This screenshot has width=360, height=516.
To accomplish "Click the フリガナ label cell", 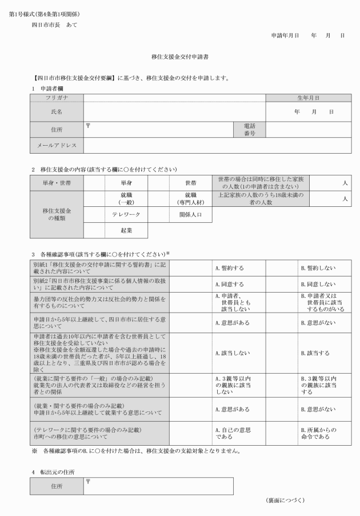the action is (x=57, y=98).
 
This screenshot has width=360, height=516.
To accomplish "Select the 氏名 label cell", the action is (x=57, y=111).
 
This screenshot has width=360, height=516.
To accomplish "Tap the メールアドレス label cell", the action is (x=57, y=146).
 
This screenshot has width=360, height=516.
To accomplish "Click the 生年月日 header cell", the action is (x=308, y=98).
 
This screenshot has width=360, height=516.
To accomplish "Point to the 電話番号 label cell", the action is (x=249, y=129).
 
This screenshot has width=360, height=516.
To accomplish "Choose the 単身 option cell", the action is (x=126, y=183).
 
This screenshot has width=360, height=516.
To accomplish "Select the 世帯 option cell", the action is (x=191, y=183).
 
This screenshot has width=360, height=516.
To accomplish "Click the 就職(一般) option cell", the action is (x=126, y=198).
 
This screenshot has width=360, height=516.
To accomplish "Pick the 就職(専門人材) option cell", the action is (x=191, y=198).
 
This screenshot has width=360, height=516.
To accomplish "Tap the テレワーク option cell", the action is (x=126, y=215).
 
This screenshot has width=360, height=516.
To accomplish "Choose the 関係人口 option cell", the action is (x=191, y=215).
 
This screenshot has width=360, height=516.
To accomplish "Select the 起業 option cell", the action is (x=126, y=230).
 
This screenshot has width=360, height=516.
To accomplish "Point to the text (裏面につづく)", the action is (x=285, y=501).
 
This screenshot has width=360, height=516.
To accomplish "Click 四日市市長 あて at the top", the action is (x=54, y=25).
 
